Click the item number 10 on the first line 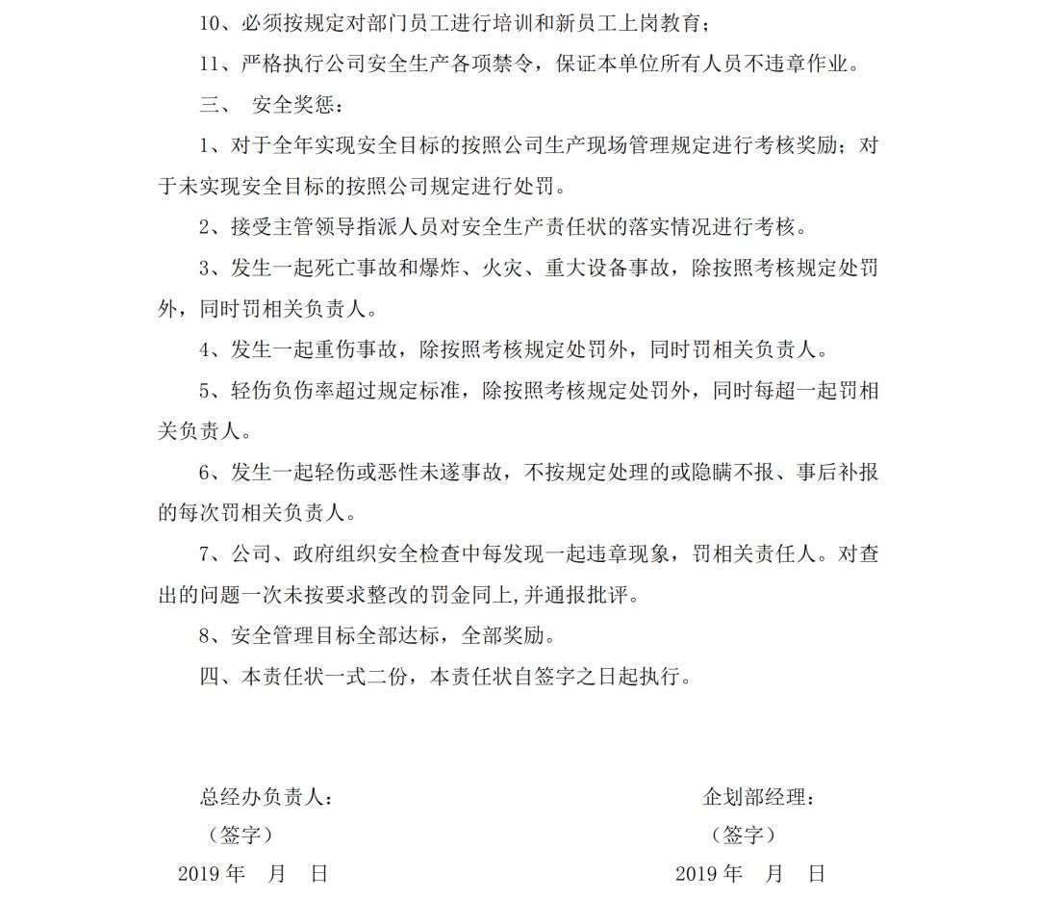(210, 23)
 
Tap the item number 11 (210, 64)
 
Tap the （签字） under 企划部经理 (744, 835)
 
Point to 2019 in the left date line (198, 874)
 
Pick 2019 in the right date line (696, 874)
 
